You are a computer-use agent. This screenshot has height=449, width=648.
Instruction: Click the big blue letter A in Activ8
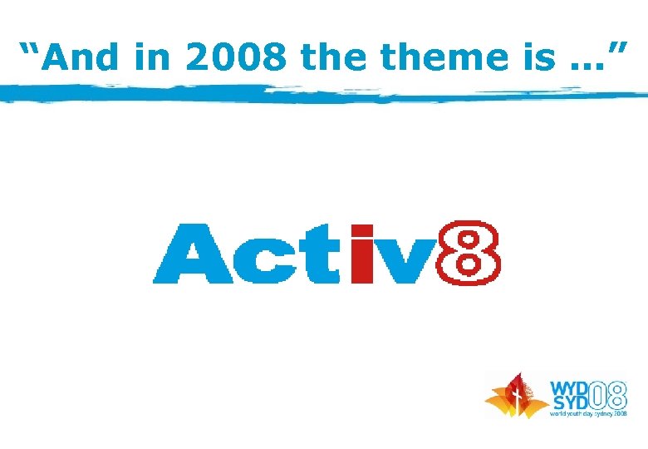point(186,254)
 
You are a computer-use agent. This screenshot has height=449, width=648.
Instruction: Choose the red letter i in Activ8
point(364,254)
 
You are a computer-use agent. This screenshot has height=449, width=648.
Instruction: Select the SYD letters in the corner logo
point(570,402)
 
